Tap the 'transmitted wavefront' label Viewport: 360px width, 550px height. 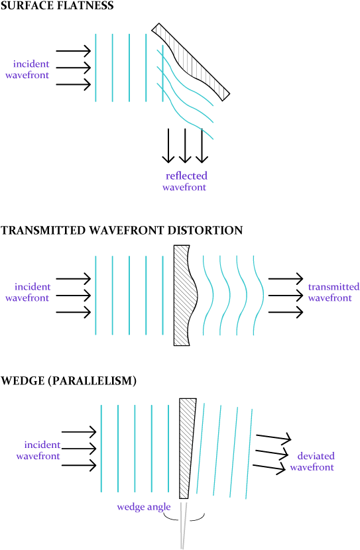coord(333,292)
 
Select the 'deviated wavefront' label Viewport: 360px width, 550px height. coord(312,461)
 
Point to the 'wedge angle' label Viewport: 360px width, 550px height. coord(144,507)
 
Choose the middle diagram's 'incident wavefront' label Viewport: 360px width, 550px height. coord(30,292)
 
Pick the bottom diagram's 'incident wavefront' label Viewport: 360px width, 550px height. coord(40,451)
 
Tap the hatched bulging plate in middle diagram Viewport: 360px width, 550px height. coord(182,295)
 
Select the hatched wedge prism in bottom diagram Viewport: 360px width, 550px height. coord(186,437)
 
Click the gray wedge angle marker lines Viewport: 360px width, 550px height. coord(184,527)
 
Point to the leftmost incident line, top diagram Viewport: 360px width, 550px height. coord(96,68)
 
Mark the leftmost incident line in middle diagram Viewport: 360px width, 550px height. coord(96,295)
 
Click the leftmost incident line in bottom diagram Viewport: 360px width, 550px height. coord(101,448)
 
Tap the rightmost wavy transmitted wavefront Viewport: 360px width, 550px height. coord(259,295)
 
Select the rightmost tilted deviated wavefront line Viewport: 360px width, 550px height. coord(249,454)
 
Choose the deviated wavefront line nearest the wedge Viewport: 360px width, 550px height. coord(200,448)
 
